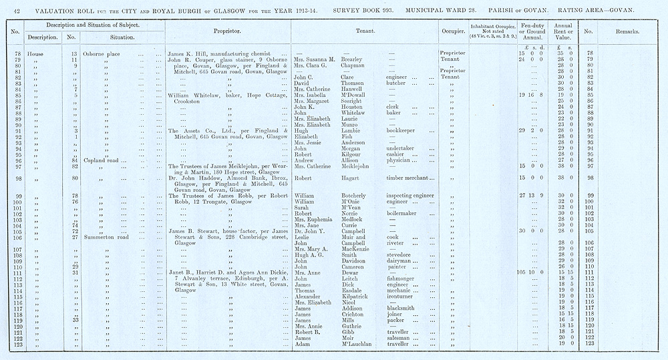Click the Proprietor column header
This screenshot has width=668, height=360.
pyautogui.click(x=227, y=31)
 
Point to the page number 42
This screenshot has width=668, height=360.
pyautogui.click(x=17, y=7)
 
